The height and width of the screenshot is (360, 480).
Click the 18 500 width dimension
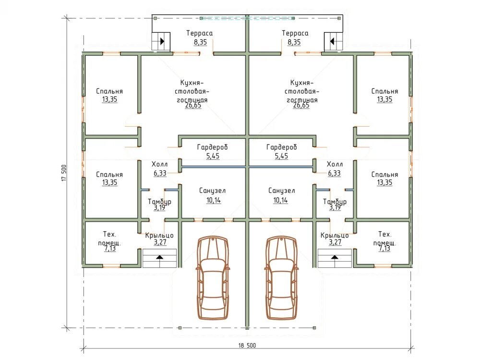[x=247, y=345]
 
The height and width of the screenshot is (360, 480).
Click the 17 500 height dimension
[x=64, y=173]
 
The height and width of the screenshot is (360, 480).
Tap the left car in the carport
[x=213, y=277]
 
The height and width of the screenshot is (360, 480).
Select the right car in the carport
[x=281, y=277]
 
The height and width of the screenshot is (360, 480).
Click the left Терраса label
[x=200, y=33]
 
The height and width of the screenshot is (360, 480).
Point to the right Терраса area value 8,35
[x=294, y=42]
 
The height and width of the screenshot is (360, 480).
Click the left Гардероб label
[x=213, y=147]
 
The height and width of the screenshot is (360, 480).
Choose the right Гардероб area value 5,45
[x=281, y=156]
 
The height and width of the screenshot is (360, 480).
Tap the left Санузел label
[x=213, y=191]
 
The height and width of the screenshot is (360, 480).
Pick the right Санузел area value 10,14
[x=281, y=200]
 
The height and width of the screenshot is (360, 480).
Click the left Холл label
[x=159, y=164]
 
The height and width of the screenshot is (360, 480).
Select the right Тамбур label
[x=335, y=202]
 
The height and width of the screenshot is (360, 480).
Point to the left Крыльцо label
[x=159, y=235]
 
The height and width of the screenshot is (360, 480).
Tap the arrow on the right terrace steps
[x=332, y=41]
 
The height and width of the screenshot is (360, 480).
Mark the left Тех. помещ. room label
[x=109, y=239]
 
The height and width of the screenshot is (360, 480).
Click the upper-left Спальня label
[x=109, y=91]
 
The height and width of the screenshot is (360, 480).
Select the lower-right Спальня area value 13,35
[x=384, y=182]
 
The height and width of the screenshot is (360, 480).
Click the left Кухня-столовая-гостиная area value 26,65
[x=193, y=105]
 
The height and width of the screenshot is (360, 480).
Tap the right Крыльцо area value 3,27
[x=335, y=242]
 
